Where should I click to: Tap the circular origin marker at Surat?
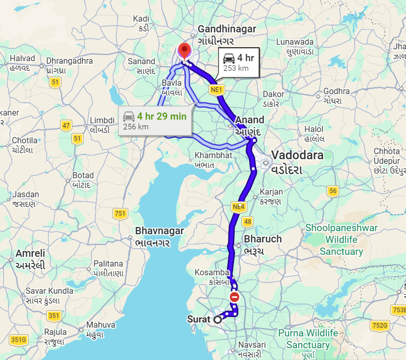218,319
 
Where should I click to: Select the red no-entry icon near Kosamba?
235,297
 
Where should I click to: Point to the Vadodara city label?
298,156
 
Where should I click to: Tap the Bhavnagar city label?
159,231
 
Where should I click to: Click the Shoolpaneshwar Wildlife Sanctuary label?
341,239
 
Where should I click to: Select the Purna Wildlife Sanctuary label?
308,339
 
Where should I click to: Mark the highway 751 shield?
120,213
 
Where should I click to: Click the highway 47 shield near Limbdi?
66,125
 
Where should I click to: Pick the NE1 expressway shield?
217,90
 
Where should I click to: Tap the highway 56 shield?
333,191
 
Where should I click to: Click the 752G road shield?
379,325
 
